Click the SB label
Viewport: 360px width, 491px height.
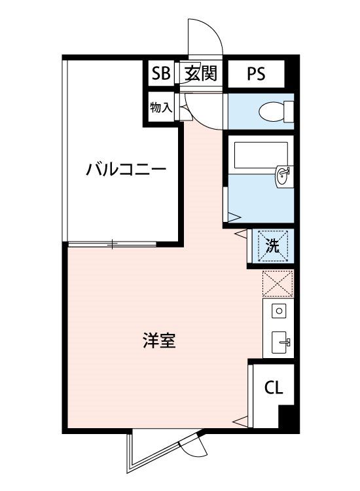pyautogui.click(x=161, y=73)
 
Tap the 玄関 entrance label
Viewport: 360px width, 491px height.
pyautogui.click(x=201, y=73)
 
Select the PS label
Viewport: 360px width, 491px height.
pyautogui.click(x=256, y=74)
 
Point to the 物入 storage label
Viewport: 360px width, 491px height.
pyautogui.click(x=161, y=107)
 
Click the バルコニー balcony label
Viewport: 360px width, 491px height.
pyautogui.click(x=126, y=170)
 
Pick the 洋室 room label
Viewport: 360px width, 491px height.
pyautogui.click(x=159, y=340)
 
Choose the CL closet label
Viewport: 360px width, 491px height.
pyautogui.click(x=274, y=388)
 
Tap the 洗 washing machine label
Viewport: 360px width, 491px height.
pyautogui.click(x=272, y=246)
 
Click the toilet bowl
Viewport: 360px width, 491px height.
pyautogui.click(x=276, y=111)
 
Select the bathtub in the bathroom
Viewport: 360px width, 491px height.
pyautogui.click(x=261, y=155)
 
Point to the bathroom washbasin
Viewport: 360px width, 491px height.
pyautogui.click(x=284, y=177)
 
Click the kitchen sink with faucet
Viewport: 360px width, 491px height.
pyautogui.click(x=281, y=342)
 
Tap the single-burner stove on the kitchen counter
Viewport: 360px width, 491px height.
pyautogui.click(x=279, y=311)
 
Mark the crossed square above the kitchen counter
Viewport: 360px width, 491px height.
pyautogui.click(x=278, y=284)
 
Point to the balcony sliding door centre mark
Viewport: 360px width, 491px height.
pyautogui.click(x=112, y=244)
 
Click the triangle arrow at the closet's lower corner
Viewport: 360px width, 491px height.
pyautogui.click(x=240, y=421)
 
